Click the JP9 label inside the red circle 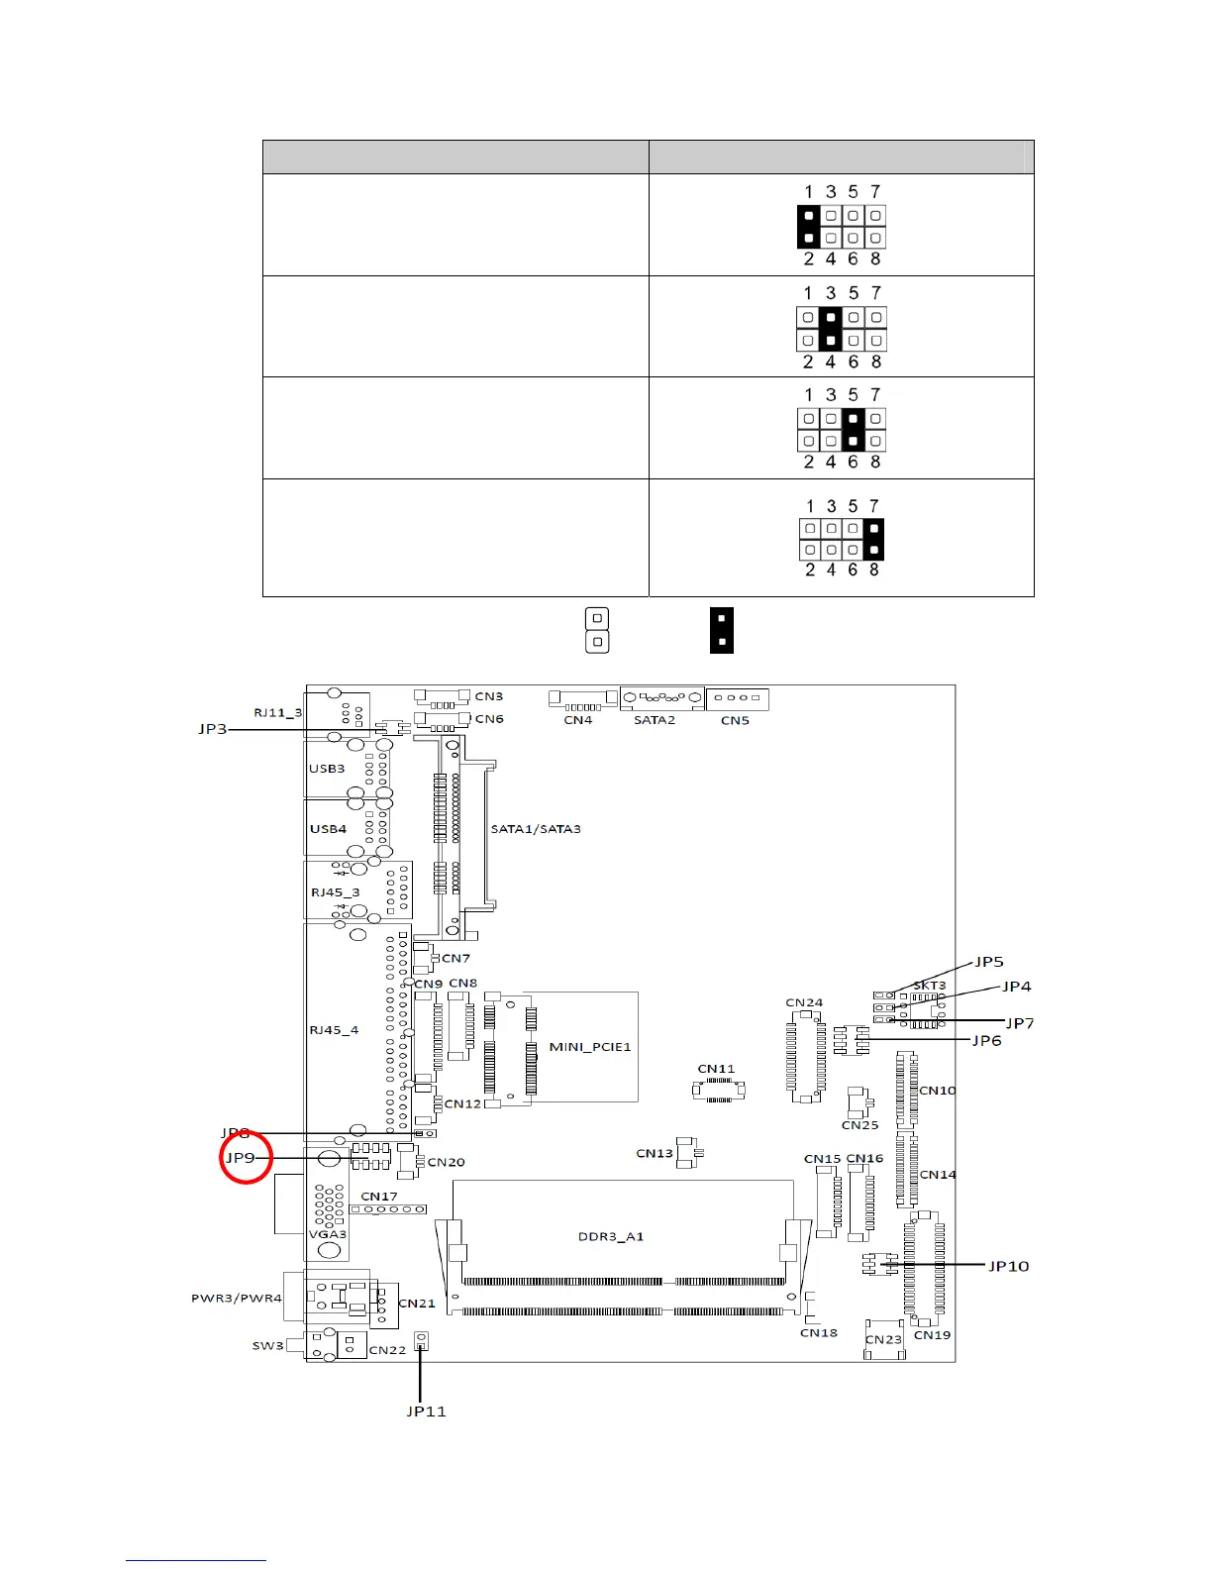pos(241,1157)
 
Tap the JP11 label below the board pos(426,1412)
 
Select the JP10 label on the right pos(1009,1266)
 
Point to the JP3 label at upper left pos(213,729)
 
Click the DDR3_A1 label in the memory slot pos(611,1236)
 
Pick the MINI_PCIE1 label pos(590,1047)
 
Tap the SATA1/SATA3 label pos(536,829)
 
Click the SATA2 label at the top pos(655,720)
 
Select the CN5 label pos(735,720)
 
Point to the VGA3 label pos(328,1234)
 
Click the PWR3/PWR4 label pos(237,1298)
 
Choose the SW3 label pos(268,1346)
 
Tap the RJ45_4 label pos(334,1030)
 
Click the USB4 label pos(328,829)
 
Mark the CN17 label pos(379,1197)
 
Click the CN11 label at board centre pos(716,1069)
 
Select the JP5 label pos(989,962)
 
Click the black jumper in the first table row pos(809,227)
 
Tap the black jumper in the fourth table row pos(874,539)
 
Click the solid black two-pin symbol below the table pos(722,631)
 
